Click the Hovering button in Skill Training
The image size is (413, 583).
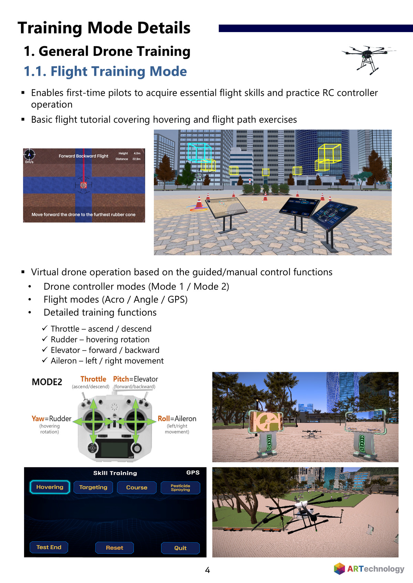(50, 487)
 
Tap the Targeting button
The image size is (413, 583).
(93, 487)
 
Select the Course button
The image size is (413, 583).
(137, 488)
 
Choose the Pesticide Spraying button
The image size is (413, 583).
(180, 488)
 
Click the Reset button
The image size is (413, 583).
(115, 548)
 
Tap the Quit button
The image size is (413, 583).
(180, 548)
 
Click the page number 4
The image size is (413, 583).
(207, 570)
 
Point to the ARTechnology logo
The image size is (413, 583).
(369, 569)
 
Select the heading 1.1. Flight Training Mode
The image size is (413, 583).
(105, 71)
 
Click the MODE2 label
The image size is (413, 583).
(47, 382)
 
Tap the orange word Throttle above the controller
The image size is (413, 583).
(93, 379)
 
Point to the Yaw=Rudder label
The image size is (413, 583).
(51, 419)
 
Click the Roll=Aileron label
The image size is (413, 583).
(177, 419)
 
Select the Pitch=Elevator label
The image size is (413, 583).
(136, 379)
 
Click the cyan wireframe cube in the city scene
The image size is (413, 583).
(199, 153)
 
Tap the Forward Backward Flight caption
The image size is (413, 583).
(83, 156)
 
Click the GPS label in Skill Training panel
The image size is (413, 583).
(193, 472)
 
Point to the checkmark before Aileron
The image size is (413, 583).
(45, 360)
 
